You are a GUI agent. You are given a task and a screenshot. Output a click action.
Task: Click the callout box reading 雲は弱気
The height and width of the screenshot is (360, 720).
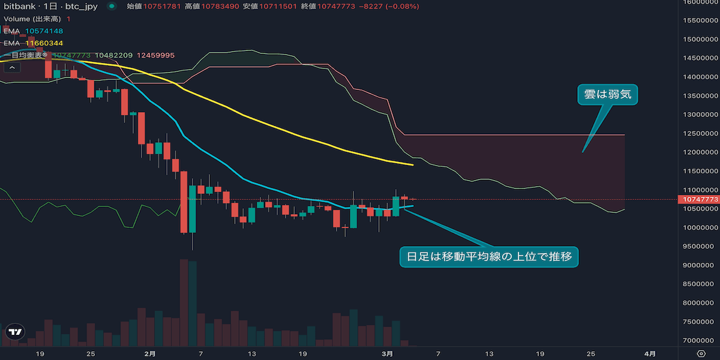coord(607,95)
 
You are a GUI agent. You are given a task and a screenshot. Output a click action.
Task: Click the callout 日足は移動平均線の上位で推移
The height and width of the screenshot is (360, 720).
coord(488,257)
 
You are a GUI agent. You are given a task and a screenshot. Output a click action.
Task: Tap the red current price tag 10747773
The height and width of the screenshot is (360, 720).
coord(697,199)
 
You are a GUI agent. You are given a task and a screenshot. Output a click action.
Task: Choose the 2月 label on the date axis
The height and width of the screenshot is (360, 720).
coord(150,353)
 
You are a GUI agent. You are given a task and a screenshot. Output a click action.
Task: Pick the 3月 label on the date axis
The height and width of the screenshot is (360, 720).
coord(388,353)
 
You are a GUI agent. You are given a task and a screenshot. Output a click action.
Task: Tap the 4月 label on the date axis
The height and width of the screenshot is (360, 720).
coord(650,353)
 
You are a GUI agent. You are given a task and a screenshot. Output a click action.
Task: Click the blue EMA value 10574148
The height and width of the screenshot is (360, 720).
coord(44,31)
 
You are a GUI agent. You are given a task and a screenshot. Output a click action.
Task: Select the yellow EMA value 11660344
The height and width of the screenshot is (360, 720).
coord(44,43)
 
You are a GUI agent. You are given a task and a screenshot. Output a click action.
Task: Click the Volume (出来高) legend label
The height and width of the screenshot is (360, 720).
coord(32,19)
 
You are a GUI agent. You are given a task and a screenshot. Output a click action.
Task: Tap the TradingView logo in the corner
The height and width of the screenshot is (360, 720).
coord(15,331)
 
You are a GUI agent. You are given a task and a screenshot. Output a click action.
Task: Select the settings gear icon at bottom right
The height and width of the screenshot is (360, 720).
coord(700,353)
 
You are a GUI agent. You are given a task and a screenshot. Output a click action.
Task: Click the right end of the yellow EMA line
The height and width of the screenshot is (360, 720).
coord(412,164)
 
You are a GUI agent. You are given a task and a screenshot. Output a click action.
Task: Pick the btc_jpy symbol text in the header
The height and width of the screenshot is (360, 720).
coord(82,6)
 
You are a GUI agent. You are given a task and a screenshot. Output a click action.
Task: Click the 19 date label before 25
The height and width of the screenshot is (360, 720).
coord(40,353)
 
